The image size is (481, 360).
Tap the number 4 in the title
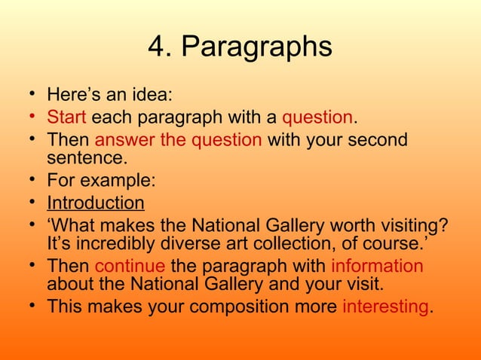click(155, 47)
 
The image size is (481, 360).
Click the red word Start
click(67, 118)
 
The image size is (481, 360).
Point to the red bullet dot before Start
click(29, 117)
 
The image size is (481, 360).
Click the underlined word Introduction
click(95, 203)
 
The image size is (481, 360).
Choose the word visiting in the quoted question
click(407, 224)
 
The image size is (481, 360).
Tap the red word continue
click(129, 266)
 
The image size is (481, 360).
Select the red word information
click(377, 266)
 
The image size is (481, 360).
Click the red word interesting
click(384, 307)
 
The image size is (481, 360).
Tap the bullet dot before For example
click(29, 181)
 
